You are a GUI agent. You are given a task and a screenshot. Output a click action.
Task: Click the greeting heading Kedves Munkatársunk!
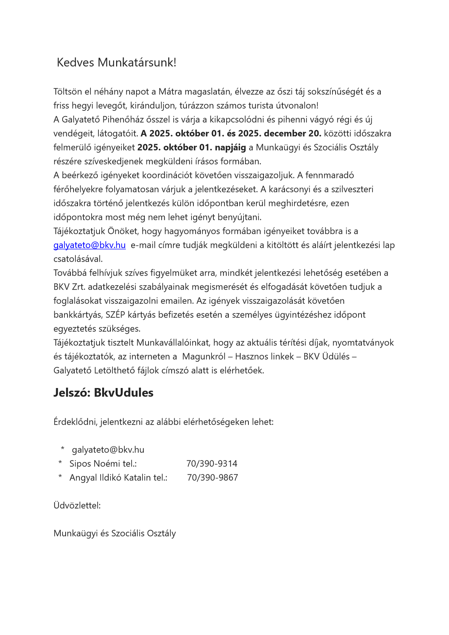coord(116,63)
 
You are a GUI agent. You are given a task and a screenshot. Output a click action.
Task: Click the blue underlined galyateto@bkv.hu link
coord(89,245)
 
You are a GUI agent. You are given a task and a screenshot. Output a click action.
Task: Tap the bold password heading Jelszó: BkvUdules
coord(103,393)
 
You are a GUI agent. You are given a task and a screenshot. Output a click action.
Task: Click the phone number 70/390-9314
coord(212,464)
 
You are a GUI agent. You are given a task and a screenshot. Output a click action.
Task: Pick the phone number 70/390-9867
coord(213,478)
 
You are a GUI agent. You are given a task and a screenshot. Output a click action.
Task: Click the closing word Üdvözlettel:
coord(77,506)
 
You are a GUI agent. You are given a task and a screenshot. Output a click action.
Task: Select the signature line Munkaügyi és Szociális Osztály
coord(115,534)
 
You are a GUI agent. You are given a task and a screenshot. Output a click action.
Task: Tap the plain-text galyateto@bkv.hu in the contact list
coord(108,450)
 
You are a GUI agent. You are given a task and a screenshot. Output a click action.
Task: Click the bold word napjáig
coord(230,147)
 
